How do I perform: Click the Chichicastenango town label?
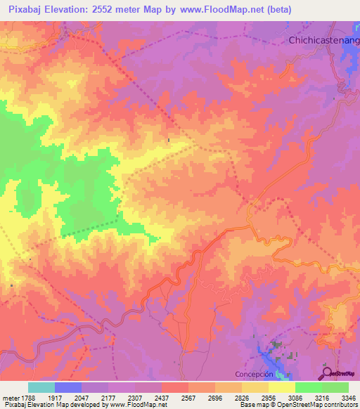tap(323, 41)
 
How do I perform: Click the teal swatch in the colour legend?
tap(41, 387)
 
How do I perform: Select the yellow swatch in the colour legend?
tap(282, 387)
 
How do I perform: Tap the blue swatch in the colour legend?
tap(68, 387)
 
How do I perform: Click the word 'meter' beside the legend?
tap(11, 397)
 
